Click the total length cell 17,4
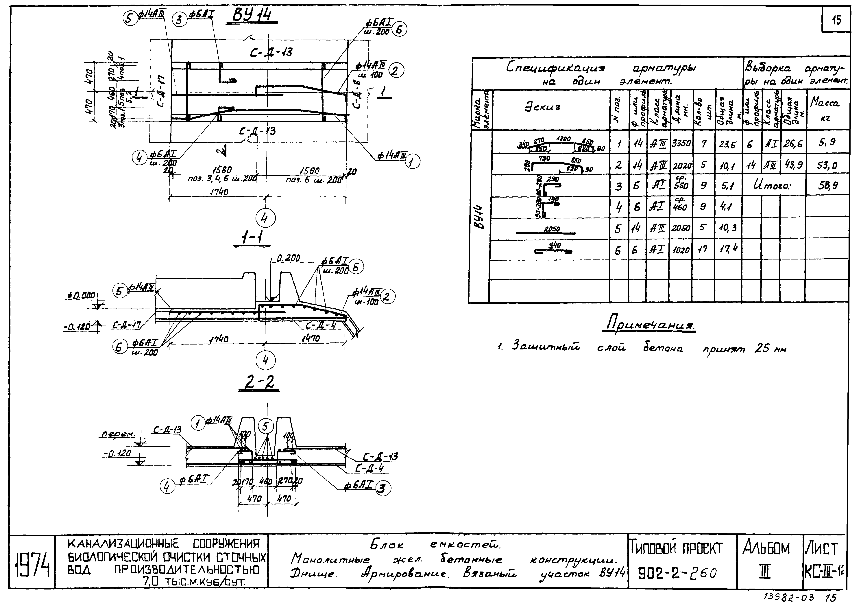click(728, 249)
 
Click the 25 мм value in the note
click(770, 349)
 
